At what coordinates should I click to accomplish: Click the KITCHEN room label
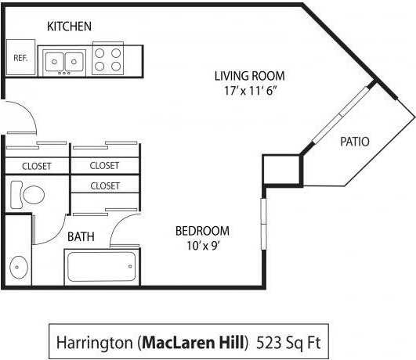click(x=69, y=27)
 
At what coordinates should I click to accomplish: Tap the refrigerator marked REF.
click(x=20, y=58)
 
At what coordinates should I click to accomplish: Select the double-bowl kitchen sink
click(x=63, y=59)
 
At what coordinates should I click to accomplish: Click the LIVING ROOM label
click(x=249, y=76)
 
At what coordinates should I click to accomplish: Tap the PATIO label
click(x=354, y=142)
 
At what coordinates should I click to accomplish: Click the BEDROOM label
click(x=202, y=231)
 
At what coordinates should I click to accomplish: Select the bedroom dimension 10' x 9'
click(x=202, y=245)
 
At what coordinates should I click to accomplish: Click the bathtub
click(x=101, y=266)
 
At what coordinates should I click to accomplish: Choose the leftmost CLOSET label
click(x=36, y=166)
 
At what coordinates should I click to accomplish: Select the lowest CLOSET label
click(x=104, y=186)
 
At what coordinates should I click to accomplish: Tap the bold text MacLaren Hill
click(x=192, y=343)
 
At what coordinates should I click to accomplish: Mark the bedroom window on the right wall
click(x=263, y=223)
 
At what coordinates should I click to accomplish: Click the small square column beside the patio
click(x=281, y=170)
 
